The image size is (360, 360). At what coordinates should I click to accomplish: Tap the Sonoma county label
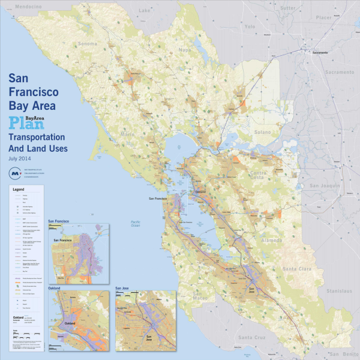[87, 44]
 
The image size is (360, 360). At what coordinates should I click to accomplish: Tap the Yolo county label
[250, 26]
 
